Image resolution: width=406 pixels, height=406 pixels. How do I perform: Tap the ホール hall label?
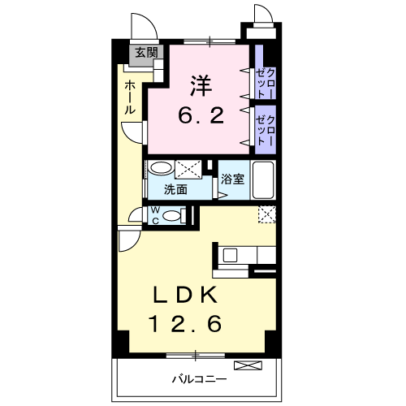130,97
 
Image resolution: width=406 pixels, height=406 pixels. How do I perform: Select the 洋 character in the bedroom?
200,85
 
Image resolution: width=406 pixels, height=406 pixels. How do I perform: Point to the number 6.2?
200,115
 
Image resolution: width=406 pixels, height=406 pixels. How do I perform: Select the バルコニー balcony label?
199,379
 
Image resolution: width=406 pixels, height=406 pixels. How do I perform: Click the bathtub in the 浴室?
265,179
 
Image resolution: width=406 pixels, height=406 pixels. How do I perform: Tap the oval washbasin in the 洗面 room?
162,169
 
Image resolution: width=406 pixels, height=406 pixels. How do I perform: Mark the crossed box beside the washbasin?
188,169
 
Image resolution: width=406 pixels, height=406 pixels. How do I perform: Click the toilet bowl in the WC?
171,215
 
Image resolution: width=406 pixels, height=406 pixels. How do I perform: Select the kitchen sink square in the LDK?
230,255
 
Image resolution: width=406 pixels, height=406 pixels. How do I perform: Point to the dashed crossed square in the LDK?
266,214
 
